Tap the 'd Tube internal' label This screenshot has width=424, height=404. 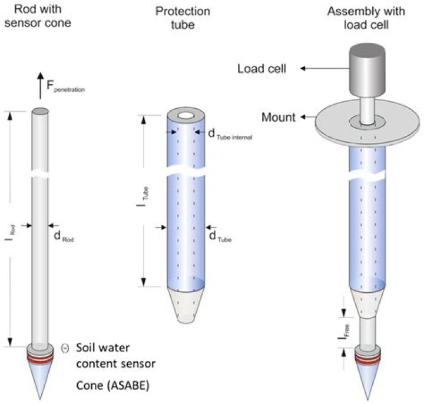(x=230, y=134)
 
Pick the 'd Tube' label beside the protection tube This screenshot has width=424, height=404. (x=220, y=236)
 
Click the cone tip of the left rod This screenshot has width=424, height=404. (x=40, y=382)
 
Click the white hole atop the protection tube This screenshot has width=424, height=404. (x=187, y=115)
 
